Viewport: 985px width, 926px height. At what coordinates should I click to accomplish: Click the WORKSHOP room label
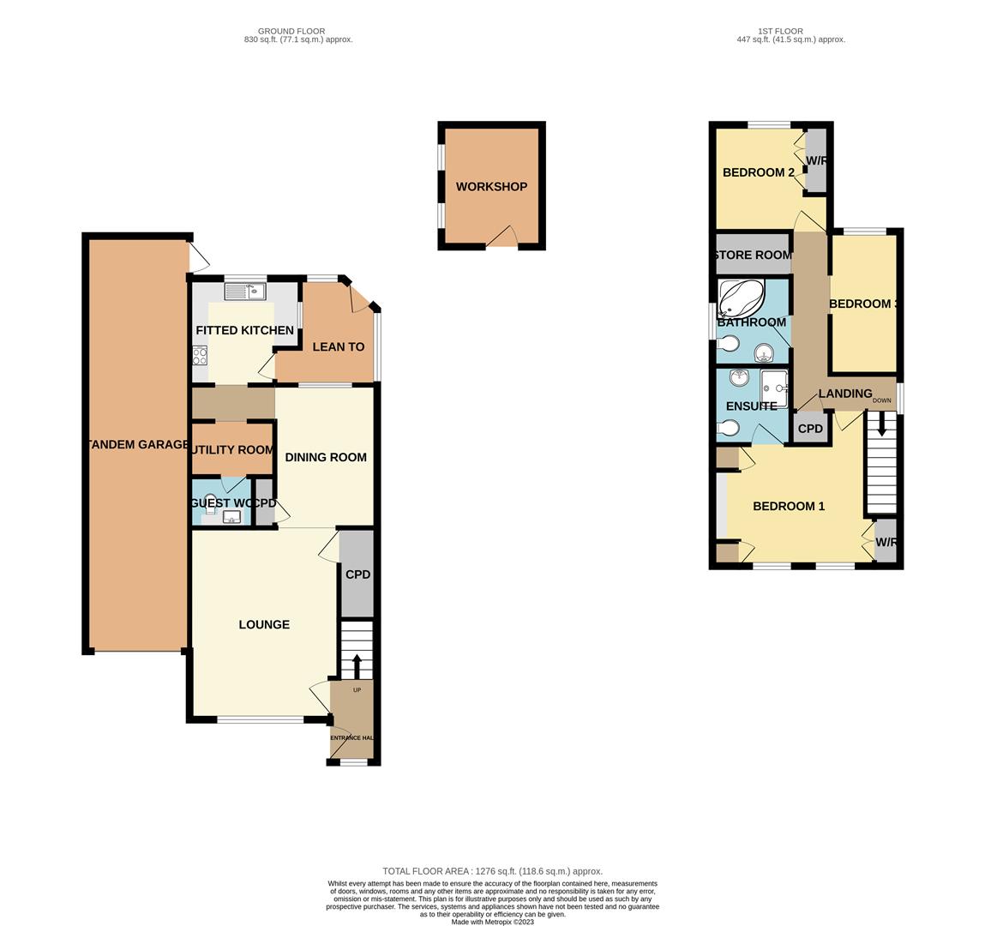click(x=491, y=187)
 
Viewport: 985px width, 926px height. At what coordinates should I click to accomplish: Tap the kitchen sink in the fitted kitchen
click(x=245, y=292)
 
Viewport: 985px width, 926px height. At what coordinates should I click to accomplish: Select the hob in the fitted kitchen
click(x=200, y=356)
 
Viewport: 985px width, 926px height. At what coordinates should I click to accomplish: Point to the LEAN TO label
click(x=339, y=347)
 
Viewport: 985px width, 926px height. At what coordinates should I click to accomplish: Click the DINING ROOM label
click(x=326, y=457)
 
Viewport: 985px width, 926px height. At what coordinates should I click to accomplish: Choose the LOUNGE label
click(x=264, y=625)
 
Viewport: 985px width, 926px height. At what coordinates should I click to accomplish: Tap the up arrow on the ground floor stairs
click(x=357, y=665)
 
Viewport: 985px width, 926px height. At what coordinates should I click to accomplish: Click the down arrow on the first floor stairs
click(x=881, y=425)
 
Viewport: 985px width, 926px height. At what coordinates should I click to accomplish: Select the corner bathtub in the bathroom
click(x=741, y=299)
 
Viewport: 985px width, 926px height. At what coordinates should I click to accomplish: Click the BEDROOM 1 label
click(x=789, y=507)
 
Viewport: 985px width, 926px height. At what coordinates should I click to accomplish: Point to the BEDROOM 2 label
click(x=759, y=172)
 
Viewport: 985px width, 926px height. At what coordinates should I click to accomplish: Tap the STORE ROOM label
click(x=752, y=255)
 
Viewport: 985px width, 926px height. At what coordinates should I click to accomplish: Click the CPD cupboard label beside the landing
click(x=810, y=429)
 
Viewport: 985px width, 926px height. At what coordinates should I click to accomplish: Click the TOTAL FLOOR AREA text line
click(x=492, y=871)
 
